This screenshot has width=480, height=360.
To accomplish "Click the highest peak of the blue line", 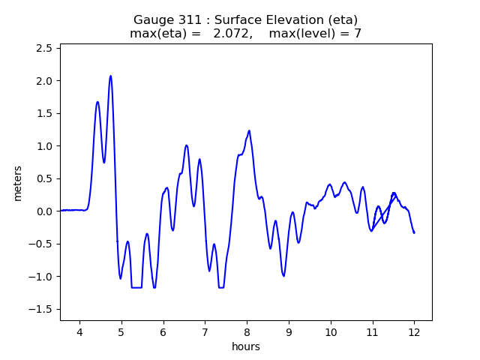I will click(110, 76).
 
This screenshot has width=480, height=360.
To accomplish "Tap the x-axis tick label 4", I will click(79, 331).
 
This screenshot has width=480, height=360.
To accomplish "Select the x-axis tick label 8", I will click(247, 331).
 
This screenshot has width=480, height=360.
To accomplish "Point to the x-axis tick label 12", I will click(414, 331).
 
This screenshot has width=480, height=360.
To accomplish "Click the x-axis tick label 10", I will click(330, 331).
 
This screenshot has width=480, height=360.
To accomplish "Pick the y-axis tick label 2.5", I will click(44, 48).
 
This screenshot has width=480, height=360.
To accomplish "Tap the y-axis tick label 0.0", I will click(44, 211).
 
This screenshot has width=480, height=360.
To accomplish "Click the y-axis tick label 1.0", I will click(44, 145).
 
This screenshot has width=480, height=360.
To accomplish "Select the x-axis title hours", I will click(246, 346).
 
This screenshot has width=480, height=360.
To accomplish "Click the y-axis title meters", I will click(18, 183).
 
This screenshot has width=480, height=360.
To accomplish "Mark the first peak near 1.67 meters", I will click(97, 102).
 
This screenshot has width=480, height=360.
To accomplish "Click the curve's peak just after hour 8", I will click(249, 130).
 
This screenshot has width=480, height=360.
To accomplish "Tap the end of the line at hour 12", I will click(414, 232).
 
